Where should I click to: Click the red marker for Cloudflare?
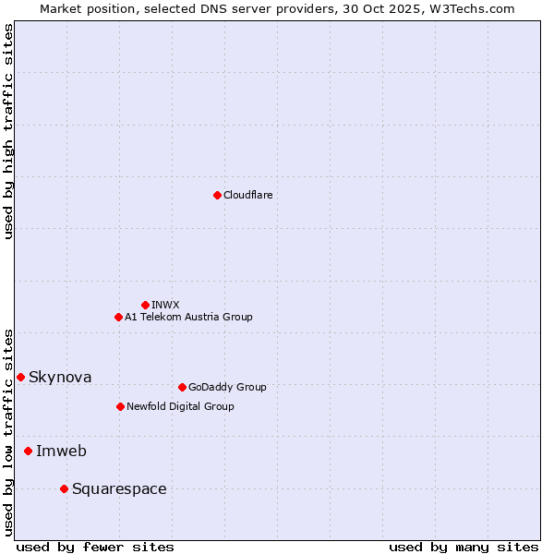(217, 195)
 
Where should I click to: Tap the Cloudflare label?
(247, 196)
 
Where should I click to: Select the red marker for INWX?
(145, 305)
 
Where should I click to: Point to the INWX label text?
(165, 306)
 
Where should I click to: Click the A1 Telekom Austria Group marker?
(118, 317)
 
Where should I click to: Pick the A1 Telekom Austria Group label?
(188, 318)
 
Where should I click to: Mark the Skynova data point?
(20, 377)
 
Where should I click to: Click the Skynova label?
(60, 378)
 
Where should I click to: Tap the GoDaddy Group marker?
(182, 387)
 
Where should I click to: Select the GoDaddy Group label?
(226, 388)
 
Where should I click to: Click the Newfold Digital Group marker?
(120, 406)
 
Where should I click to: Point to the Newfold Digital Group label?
(180, 407)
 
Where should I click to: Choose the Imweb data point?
(28, 451)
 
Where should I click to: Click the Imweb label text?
(61, 452)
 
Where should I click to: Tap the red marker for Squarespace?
(64, 488)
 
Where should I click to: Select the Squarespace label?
(119, 489)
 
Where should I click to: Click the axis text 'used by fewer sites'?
(95, 547)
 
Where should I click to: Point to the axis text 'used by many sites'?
(464, 547)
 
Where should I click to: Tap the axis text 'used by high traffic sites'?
(8, 131)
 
